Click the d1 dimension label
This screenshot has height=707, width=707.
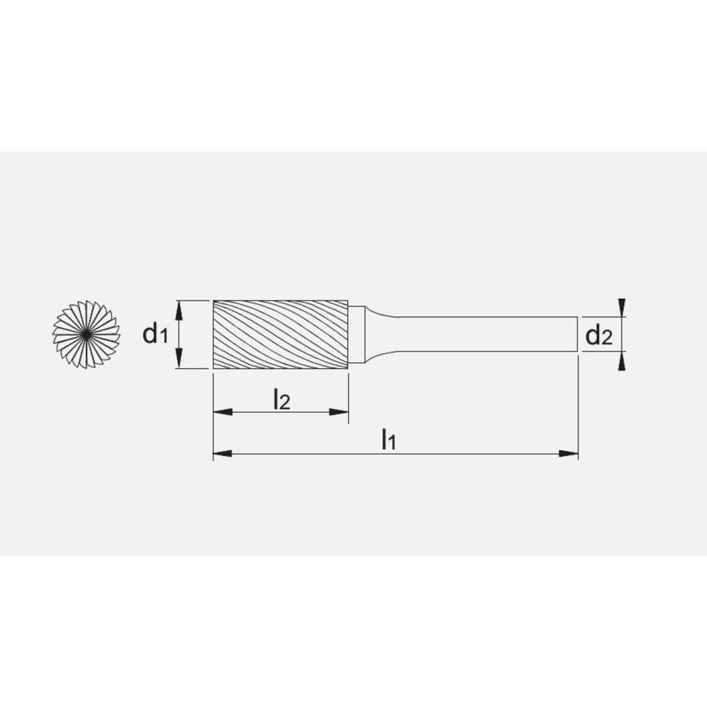[155, 334]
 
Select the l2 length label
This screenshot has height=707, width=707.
[281, 400]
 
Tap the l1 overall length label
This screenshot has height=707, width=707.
[388, 440]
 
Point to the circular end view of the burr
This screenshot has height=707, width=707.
[85, 333]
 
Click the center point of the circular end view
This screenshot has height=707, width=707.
[85, 333]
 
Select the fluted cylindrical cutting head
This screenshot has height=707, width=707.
[281, 334]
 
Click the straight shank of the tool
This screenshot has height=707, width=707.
[488, 334]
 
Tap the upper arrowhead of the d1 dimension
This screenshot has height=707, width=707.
[180, 307]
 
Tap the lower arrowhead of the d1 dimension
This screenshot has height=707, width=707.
[180, 361]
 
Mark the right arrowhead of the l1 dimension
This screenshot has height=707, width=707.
[569, 453]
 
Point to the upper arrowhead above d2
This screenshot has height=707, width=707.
[621, 306]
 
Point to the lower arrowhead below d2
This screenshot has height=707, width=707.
[621, 362]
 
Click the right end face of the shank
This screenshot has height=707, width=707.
[577, 334]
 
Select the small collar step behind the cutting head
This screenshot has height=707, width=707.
[358, 334]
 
